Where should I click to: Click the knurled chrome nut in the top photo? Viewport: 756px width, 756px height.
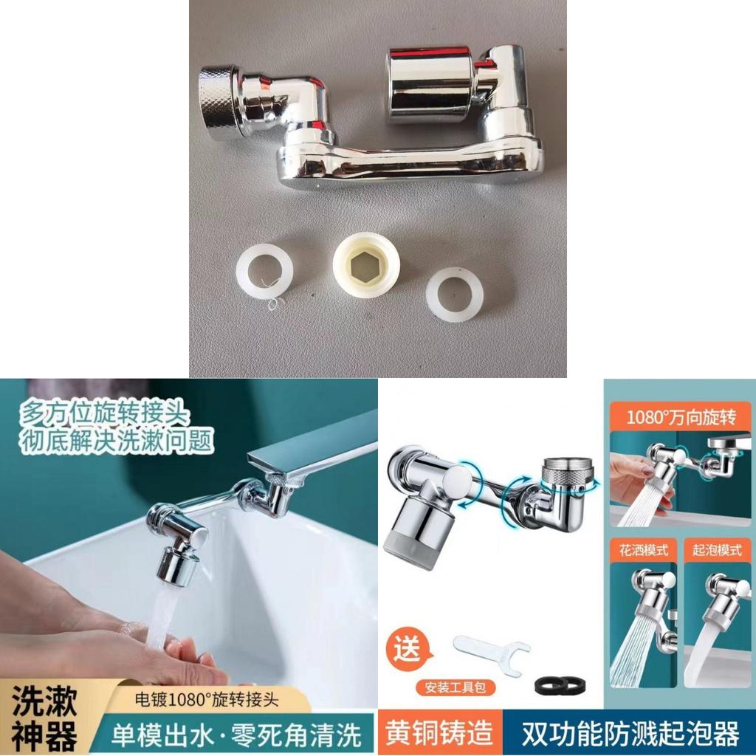click(x=219, y=102)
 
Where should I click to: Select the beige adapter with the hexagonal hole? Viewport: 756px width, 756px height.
click(x=367, y=266)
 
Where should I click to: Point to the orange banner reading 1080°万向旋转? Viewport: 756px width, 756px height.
click(x=681, y=417)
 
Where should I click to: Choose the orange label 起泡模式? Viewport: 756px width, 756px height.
click(x=717, y=550)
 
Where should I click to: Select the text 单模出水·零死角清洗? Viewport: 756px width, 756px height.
click(x=236, y=735)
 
